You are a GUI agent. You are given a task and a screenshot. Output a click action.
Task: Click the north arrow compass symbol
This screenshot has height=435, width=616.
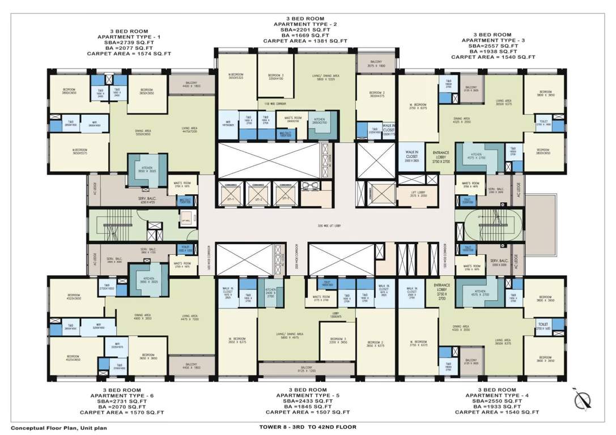(x=581, y=400)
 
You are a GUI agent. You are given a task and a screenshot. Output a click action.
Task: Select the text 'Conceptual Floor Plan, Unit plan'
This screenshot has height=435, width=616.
(x=58, y=428)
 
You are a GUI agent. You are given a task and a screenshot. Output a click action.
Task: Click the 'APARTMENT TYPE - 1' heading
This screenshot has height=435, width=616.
(x=128, y=37)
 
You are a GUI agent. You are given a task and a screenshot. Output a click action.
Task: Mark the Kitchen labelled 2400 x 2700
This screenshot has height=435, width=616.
(x=270, y=292)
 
